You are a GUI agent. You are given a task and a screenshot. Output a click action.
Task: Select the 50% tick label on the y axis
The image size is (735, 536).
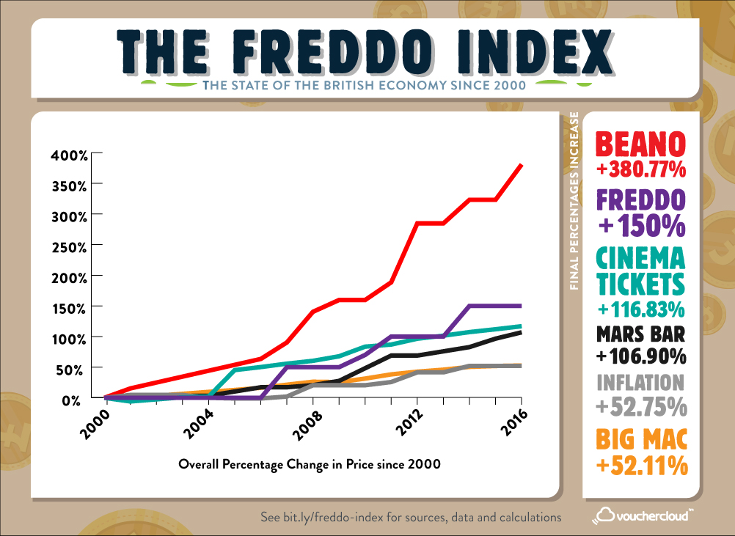click(x=77, y=368)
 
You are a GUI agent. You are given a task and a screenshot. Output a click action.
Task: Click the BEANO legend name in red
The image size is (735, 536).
click(x=641, y=143)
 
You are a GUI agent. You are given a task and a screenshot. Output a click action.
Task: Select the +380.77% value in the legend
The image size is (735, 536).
click(x=641, y=170)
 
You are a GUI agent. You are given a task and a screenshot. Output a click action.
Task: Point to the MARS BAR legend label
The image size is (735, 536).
click(x=641, y=334)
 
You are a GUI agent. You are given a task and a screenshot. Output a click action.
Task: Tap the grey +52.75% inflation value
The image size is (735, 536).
click(x=641, y=405)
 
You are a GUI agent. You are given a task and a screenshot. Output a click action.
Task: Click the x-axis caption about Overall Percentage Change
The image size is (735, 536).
click(x=310, y=464)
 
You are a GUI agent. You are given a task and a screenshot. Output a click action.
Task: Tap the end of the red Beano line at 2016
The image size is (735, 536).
click(x=521, y=165)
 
